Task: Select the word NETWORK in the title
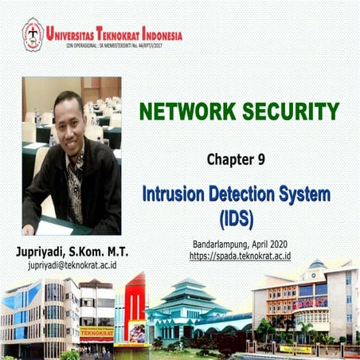point(178,112)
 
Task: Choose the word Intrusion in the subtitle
point(176,194)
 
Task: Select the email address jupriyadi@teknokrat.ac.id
point(72,264)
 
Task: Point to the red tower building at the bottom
point(135,307)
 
